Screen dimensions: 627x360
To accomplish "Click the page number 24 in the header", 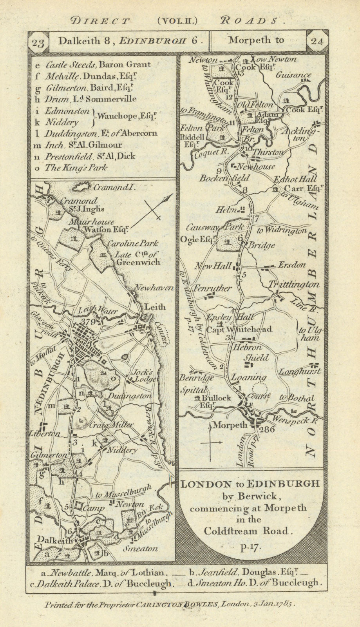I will click(317, 42).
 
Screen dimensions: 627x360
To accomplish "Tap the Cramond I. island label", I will click(114, 188).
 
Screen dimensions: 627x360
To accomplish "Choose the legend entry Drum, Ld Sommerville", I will click(91, 99).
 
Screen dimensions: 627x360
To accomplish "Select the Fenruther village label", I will click(212, 288).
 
